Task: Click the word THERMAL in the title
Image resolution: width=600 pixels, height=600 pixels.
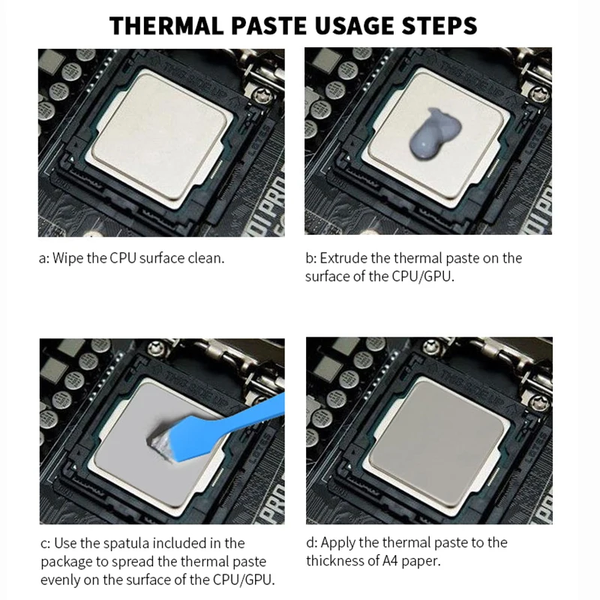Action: point(166,26)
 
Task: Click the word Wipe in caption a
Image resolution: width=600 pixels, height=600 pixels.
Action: point(67,258)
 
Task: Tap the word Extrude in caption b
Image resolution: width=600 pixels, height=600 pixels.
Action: point(343,258)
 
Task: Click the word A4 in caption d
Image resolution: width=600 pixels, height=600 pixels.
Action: point(390,561)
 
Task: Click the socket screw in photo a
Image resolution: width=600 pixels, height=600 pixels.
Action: point(263,94)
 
